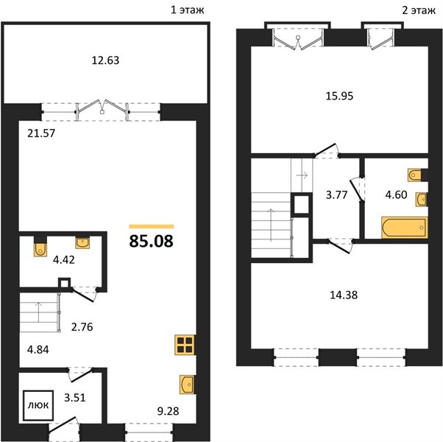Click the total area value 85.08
[151, 241]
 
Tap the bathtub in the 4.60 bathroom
[404, 228]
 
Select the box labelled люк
[38, 405]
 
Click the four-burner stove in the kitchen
[185, 345]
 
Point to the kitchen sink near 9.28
[187, 385]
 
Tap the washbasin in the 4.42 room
[82, 243]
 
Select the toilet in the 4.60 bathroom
[414, 175]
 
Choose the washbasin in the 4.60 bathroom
[421, 200]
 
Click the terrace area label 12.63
[105, 60]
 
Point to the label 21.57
[41, 133]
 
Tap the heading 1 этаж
[188, 10]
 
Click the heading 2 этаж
[419, 10]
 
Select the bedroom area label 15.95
[339, 97]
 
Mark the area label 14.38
[344, 295]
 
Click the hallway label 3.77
[336, 194]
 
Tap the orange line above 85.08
[151, 226]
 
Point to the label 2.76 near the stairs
[82, 327]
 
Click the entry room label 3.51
[74, 398]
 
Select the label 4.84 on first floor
[38, 350]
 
